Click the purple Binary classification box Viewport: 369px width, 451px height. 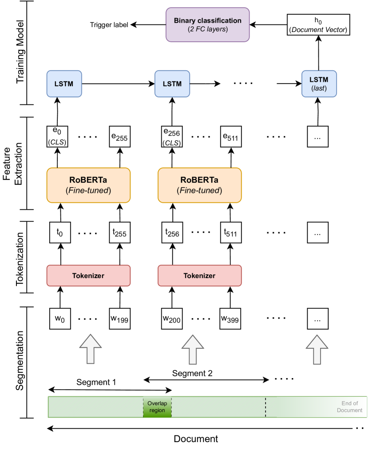pyautogui.click(x=207, y=25)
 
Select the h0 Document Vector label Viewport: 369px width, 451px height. pyautogui.click(x=318, y=25)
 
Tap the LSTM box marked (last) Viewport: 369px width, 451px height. pyautogui.click(x=319, y=83)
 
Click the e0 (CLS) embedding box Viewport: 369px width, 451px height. pyautogui.click(x=57, y=136)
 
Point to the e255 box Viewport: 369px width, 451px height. pyautogui.click(x=119, y=136)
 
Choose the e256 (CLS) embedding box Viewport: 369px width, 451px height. pyautogui.click(x=172, y=136)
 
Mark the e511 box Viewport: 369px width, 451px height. pyautogui.click(x=230, y=136)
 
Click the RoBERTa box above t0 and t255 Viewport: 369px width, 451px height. pyautogui.click(x=88, y=185)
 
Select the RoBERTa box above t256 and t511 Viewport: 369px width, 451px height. pyautogui.click(x=199, y=185)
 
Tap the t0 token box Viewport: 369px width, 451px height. pyautogui.click(x=60, y=232)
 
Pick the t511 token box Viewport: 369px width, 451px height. pyautogui.click(x=230, y=232)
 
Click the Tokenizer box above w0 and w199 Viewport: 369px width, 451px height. pyautogui.click(x=88, y=275)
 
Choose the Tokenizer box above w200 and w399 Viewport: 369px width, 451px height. pyautogui.click(x=199, y=275)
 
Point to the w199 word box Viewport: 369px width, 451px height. pyautogui.click(x=119, y=319)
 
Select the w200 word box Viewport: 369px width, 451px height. pyautogui.click(x=172, y=319)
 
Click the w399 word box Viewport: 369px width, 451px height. pyautogui.click(x=230, y=319)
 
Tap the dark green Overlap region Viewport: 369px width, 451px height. pyautogui.click(x=157, y=407)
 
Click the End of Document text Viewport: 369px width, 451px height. pyautogui.click(x=349, y=407)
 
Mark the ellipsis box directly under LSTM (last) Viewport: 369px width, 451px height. pyautogui.click(x=318, y=136)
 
